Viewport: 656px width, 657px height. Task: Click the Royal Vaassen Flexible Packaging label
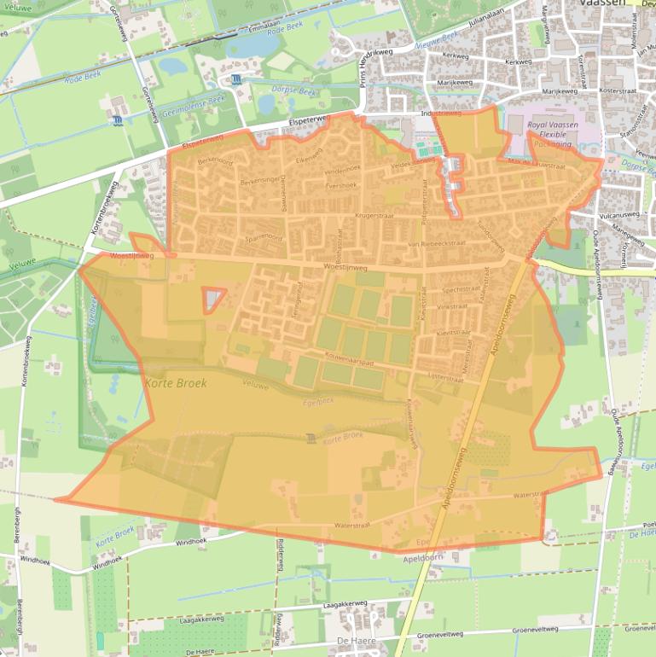[x=549, y=135]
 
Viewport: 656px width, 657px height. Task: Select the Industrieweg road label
[x=441, y=113]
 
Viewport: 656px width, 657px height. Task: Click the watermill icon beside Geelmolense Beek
[x=116, y=121]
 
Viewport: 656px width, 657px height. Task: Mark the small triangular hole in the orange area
[x=213, y=299]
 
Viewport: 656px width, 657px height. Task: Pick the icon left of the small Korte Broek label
[x=310, y=439]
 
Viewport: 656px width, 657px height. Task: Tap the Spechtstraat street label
[x=462, y=289]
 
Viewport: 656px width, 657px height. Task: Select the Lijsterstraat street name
[x=444, y=375]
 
